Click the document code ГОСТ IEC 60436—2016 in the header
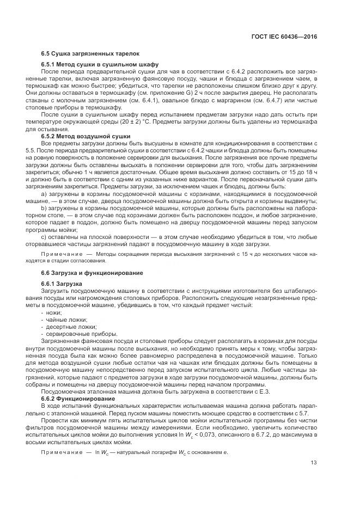285,36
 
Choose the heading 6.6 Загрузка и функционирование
92,272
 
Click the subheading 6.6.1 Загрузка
62,284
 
